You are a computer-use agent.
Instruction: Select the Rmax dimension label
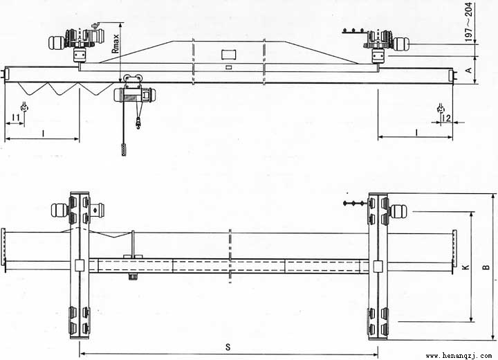(x=116, y=44)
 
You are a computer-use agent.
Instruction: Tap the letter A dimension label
(x=469, y=70)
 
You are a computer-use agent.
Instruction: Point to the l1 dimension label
(x=16, y=118)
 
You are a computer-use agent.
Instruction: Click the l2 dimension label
(x=447, y=118)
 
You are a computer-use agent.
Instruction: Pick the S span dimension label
(x=228, y=347)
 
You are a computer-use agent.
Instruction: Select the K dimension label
(x=465, y=267)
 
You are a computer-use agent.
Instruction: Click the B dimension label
(x=486, y=267)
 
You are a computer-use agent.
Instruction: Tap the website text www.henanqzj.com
(x=459, y=356)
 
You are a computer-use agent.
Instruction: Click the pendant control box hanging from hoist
(x=124, y=150)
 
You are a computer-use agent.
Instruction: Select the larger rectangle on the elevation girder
(x=229, y=55)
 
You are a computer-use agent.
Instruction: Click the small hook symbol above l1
(x=24, y=107)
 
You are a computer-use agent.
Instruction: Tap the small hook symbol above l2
(x=441, y=108)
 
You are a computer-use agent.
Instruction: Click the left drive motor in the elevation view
(x=57, y=43)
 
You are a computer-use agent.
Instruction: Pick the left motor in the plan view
(x=59, y=210)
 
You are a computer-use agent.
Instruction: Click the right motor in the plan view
(x=398, y=211)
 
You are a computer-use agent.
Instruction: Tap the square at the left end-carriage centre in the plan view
(x=80, y=265)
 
